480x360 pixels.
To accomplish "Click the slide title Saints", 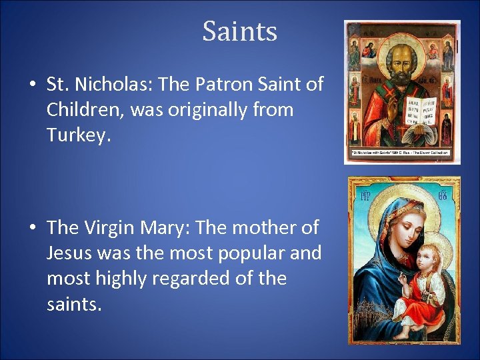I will (x=239, y=31).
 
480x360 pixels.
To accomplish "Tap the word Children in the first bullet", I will (x=83, y=109).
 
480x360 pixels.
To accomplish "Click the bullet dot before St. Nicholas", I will (x=32, y=85).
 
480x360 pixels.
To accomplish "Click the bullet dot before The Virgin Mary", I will (x=32, y=228).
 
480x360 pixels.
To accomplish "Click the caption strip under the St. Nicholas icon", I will (x=401, y=159).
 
